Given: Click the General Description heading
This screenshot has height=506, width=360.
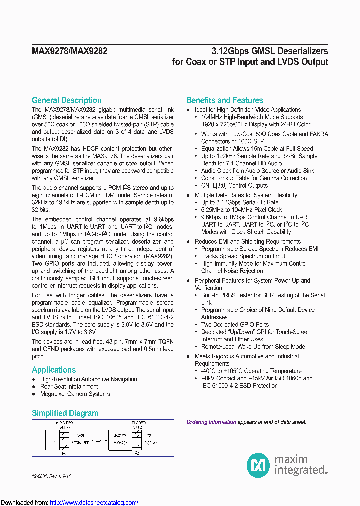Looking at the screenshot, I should [x=67, y=100].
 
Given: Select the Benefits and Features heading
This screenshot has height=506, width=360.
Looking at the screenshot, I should [x=224, y=100].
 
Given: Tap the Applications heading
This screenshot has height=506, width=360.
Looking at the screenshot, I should [x=54, y=370].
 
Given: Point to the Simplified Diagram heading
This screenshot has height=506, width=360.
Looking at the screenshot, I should [x=65, y=413].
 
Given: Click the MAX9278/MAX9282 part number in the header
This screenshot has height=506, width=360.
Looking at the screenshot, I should [x=70, y=51].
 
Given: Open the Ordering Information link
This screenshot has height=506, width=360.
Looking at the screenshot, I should [x=211, y=422].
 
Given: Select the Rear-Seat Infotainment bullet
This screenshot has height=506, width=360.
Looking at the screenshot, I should [x=69, y=387].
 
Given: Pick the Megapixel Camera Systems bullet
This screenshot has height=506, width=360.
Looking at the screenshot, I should [x=75, y=394].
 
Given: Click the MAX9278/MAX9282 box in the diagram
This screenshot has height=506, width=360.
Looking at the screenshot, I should [x=120, y=439].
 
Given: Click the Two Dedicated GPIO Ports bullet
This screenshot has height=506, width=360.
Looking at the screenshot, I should [x=235, y=325].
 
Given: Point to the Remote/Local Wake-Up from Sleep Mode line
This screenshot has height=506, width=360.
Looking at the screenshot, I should [x=253, y=347].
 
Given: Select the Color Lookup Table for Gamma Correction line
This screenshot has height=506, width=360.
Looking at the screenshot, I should [x=254, y=178].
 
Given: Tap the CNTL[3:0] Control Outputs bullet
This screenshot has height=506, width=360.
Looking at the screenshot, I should [x=234, y=186].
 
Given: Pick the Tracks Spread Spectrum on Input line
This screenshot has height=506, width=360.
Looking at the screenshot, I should [x=243, y=256].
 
